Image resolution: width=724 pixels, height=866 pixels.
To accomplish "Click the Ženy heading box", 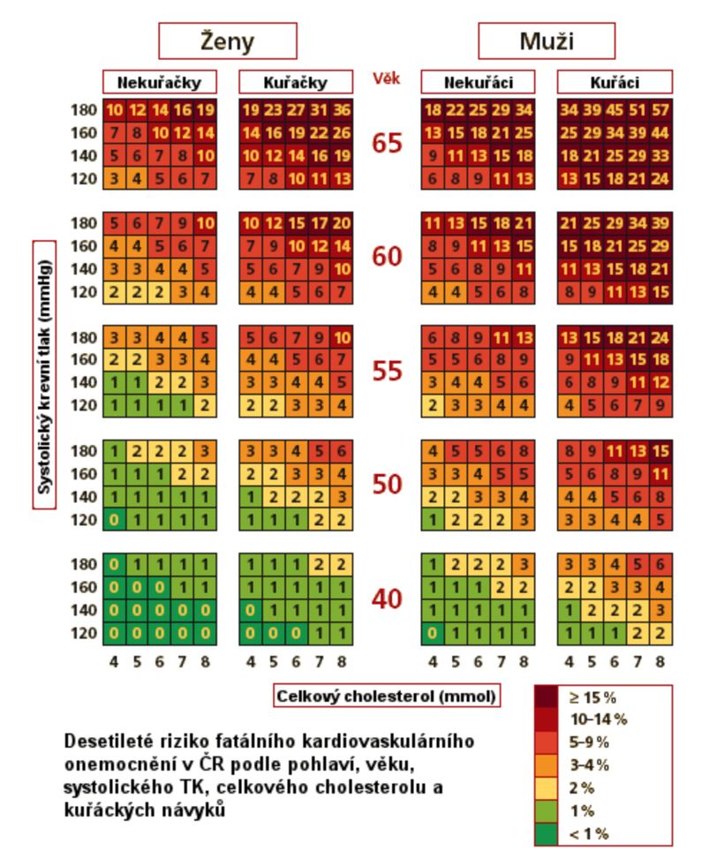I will [x=227, y=41].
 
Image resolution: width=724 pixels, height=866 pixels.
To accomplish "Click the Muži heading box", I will [x=546, y=41].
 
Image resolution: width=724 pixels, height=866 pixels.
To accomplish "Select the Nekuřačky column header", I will [x=160, y=83].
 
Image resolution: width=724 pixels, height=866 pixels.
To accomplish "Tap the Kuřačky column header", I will [x=296, y=83].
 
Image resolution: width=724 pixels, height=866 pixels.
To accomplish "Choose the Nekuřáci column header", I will [x=478, y=83].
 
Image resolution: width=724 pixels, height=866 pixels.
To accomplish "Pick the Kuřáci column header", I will [x=615, y=83].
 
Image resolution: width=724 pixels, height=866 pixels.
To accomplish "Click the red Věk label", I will [x=387, y=79].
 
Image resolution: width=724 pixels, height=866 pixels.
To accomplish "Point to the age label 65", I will [x=387, y=143].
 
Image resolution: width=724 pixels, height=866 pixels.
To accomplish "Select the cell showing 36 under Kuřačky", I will [x=342, y=110].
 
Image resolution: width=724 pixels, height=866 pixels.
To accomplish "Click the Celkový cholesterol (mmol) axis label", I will [x=387, y=697].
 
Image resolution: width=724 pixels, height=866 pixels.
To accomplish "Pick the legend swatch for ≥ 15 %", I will [x=547, y=697].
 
